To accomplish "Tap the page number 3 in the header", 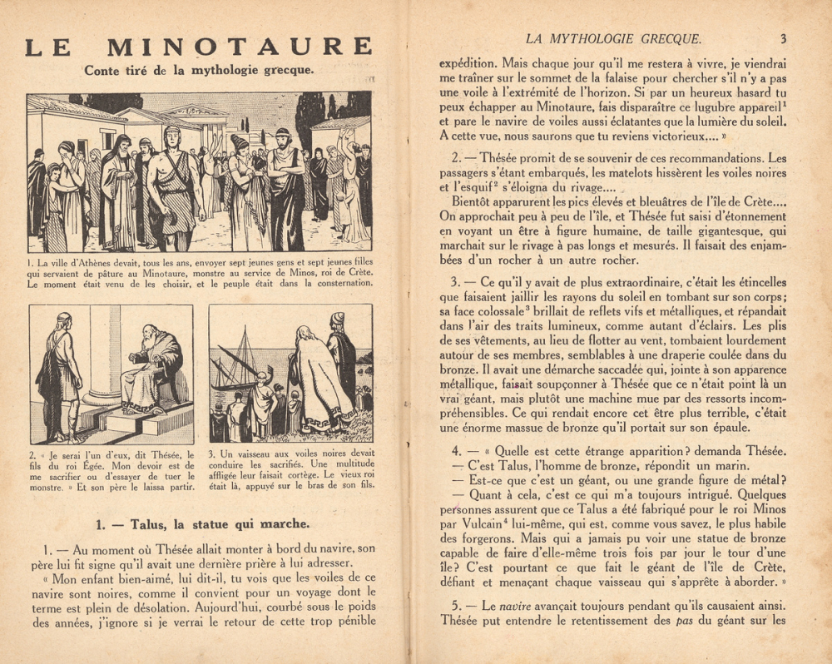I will tap(784, 38).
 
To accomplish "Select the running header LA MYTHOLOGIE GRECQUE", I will tap(615, 38).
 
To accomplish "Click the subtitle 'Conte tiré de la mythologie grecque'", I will tap(199, 71).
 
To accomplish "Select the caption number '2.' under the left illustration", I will tap(33, 454).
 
